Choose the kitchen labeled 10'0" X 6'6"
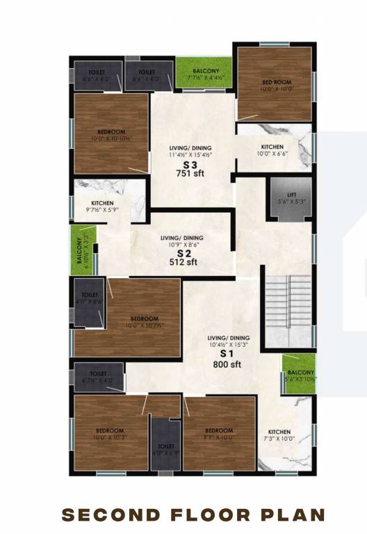click(273, 150)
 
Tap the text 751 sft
click(190, 174)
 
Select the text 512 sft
click(183, 262)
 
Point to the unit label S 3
click(190, 164)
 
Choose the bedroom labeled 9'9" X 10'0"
click(219, 433)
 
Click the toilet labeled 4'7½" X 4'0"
click(97, 378)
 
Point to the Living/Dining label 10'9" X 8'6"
click(183, 242)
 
